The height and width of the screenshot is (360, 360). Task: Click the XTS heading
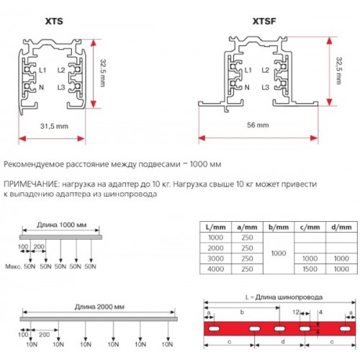[54, 22]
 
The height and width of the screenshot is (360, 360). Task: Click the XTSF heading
[264, 22]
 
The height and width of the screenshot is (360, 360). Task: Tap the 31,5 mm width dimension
[54, 126]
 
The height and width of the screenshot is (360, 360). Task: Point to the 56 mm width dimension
[258, 125]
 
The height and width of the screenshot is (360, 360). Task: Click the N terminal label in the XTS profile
[42, 87]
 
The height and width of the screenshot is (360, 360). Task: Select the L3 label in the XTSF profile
[266, 87]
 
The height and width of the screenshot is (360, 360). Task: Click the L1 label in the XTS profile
[42, 71]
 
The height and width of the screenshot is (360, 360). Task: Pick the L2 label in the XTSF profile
[266, 71]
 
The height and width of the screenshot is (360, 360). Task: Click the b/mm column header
[279, 227]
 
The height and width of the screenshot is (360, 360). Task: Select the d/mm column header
[341, 227]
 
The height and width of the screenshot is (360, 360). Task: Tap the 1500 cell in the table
[310, 269]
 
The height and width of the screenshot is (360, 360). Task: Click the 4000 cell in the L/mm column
[215, 269]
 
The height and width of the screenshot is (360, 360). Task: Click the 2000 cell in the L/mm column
[215, 248]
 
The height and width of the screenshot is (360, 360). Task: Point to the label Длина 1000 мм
[62, 225]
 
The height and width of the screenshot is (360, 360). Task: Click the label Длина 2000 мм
[99, 307]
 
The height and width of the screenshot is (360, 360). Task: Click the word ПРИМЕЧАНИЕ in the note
[31, 184]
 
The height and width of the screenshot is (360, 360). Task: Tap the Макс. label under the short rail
[14, 266]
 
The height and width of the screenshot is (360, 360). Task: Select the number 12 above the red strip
[296, 312]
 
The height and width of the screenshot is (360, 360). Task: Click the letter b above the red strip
[242, 312]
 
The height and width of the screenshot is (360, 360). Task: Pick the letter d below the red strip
[283, 341]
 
